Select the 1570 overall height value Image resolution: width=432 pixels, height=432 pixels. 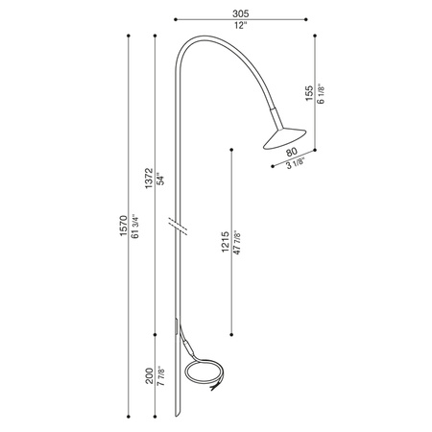pos(122,228)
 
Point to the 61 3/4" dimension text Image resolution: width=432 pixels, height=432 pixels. pos(135,228)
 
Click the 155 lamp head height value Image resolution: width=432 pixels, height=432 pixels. pos(307,91)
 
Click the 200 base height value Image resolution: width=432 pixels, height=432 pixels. pos(149,375)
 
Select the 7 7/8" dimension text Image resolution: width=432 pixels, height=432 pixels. pos(161,374)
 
